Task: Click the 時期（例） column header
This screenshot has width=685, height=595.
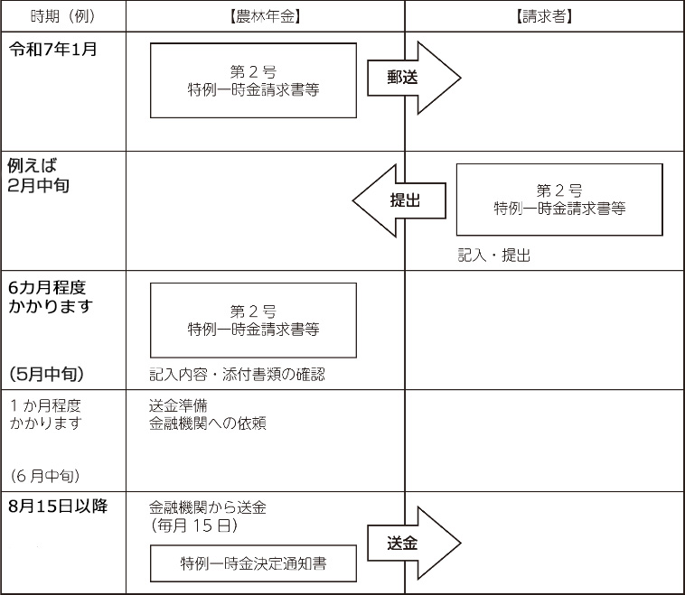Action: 63,16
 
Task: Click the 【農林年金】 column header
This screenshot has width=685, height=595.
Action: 265,16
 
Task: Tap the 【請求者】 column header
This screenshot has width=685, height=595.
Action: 544,16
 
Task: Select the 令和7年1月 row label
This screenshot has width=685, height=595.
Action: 52,49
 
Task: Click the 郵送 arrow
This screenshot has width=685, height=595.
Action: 414,78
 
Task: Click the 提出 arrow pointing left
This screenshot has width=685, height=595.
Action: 399,200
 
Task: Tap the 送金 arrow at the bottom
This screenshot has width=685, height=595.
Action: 414,543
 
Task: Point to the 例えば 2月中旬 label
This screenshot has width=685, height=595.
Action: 39,175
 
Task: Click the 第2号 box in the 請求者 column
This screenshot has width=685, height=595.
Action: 559,200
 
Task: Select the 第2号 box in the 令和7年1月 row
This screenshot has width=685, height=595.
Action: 253,80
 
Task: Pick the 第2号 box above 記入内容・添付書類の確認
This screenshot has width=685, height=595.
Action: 253,321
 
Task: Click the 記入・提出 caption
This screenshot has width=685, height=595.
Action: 494,255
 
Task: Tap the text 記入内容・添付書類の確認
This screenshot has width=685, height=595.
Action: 237,375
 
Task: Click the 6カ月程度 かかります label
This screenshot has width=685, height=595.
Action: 51,297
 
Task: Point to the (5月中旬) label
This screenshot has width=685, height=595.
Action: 47,374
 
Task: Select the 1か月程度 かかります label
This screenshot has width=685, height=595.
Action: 46,414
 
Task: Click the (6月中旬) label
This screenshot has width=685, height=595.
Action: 45,476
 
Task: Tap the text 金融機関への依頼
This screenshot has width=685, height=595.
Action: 208,423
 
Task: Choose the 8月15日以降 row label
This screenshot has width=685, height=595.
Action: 58,506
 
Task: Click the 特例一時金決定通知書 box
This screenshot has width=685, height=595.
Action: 253,563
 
